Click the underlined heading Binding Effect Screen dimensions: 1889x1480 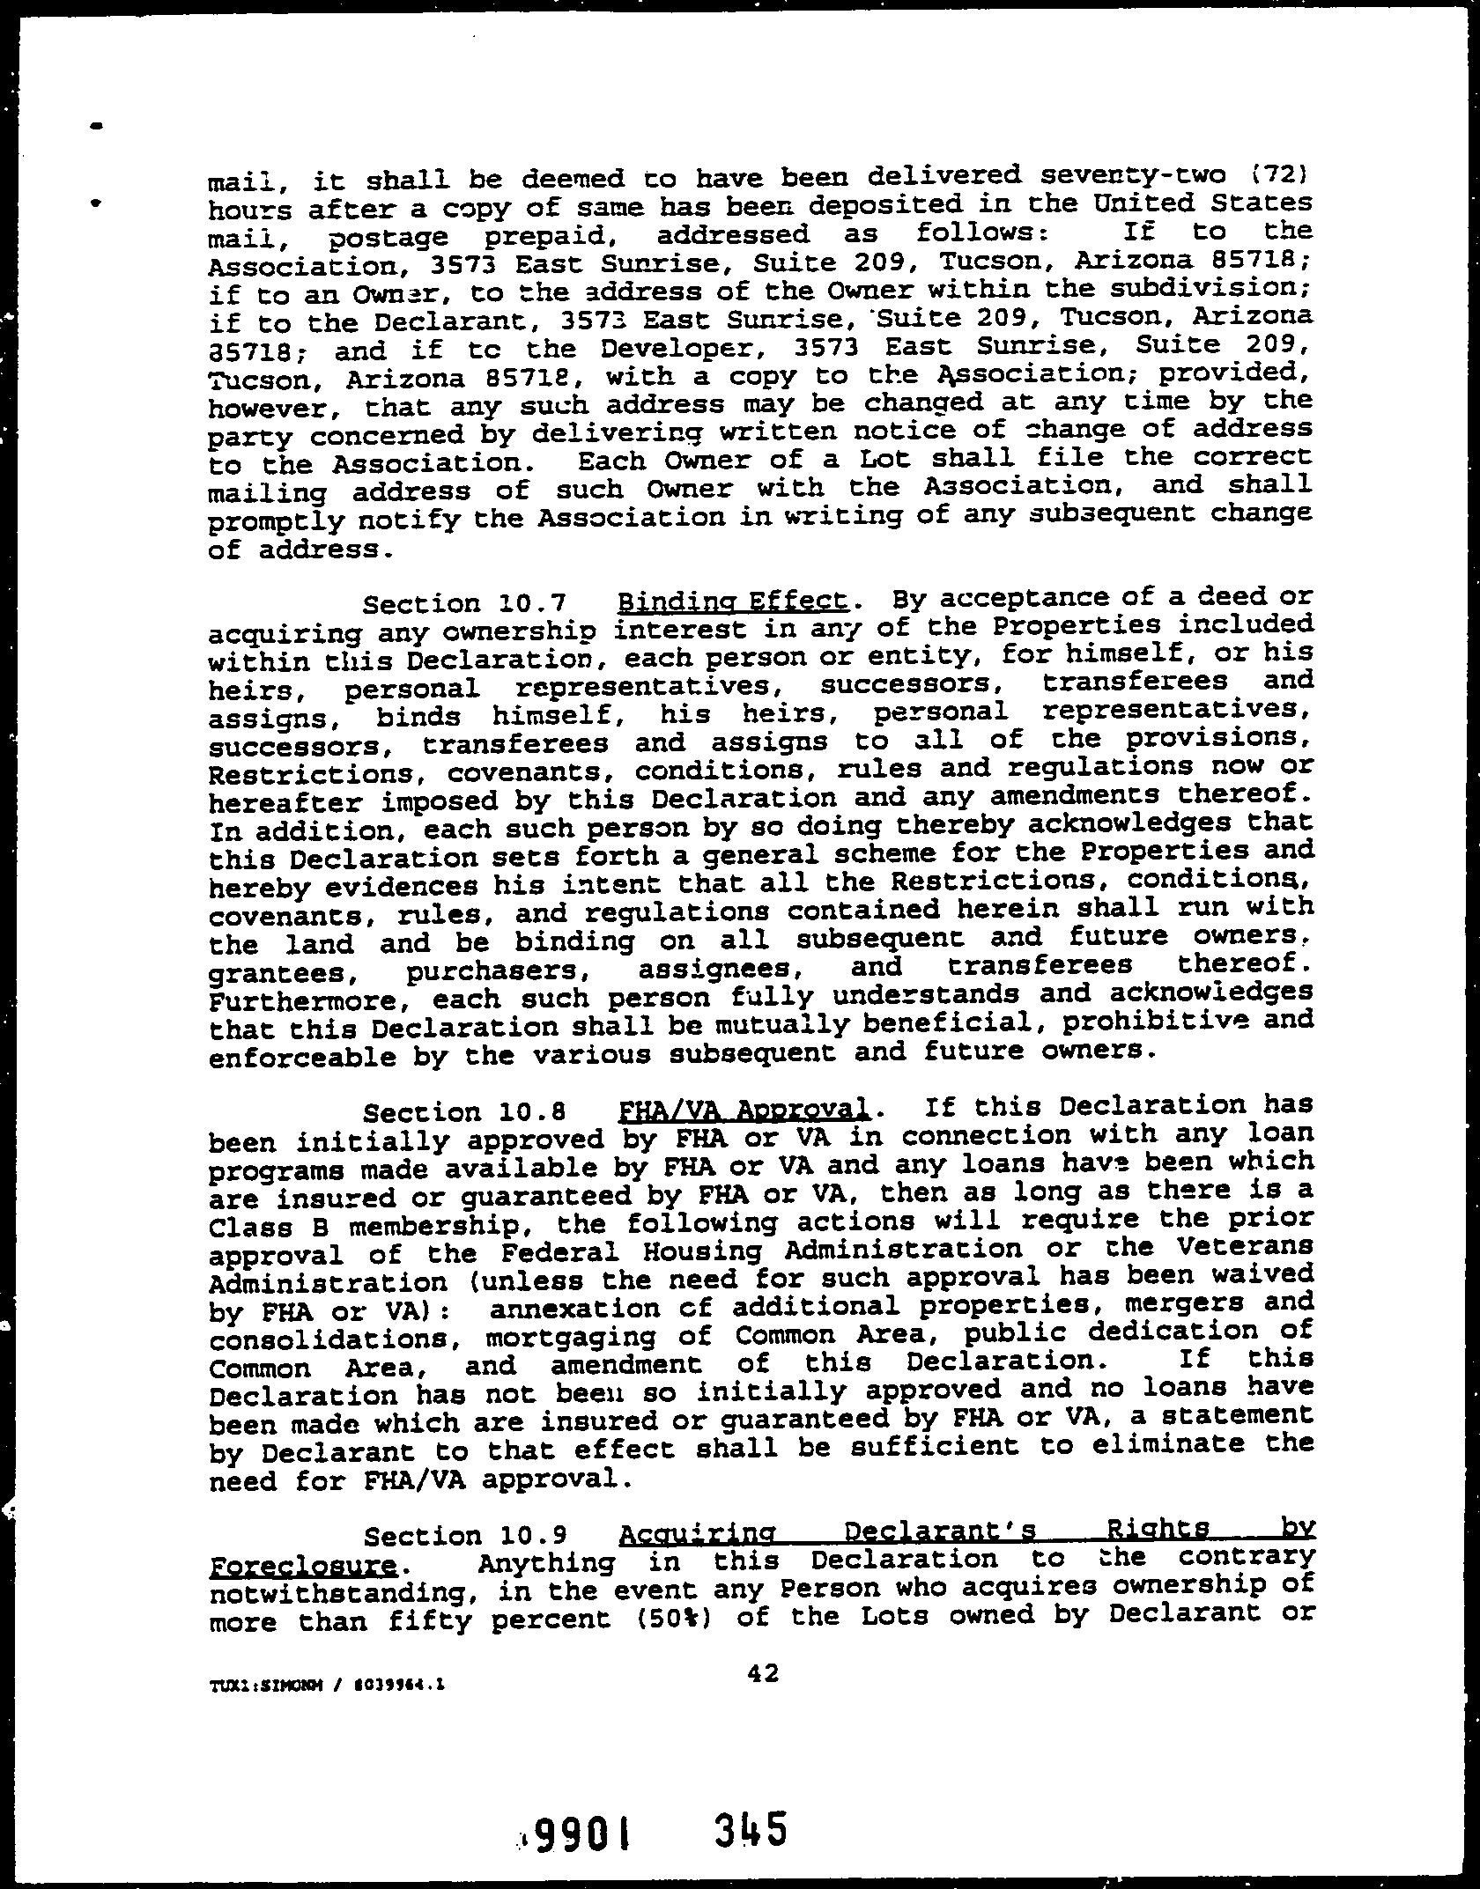coord(734,602)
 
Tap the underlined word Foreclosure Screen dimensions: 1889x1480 coord(302,1565)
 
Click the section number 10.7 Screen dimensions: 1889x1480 coord(532,604)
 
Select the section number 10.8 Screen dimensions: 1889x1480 coord(532,1111)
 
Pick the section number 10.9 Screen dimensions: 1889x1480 coord(532,1537)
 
